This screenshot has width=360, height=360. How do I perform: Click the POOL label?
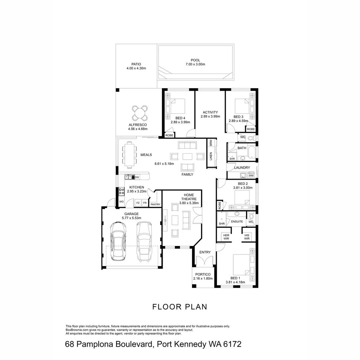(195, 60)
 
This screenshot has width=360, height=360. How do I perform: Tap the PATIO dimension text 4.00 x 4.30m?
(136, 68)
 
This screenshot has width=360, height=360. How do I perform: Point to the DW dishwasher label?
(137, 177)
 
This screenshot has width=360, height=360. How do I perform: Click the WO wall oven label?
(121, 202)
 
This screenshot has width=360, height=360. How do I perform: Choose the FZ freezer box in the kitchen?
(138, 203)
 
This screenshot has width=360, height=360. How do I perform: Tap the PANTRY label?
(155, 204)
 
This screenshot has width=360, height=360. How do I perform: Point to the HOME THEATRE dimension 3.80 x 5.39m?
(189, 203)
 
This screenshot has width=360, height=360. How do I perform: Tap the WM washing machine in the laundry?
(251, 175)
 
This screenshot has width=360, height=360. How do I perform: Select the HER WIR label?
(226, 237)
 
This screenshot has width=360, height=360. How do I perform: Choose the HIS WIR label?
(247, 237)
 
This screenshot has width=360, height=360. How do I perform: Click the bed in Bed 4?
(176, 106)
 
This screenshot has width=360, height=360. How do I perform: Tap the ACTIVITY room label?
(210, 112)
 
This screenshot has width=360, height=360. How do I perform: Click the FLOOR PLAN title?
(180, 307)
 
